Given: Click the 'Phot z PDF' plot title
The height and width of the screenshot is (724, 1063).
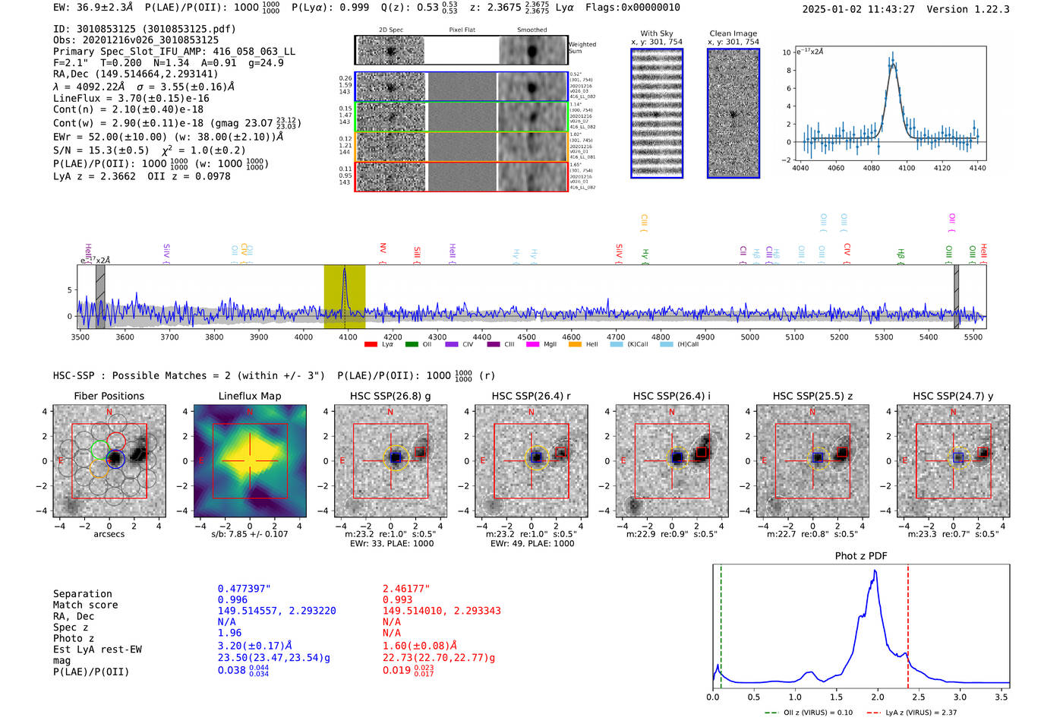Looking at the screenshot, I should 860,556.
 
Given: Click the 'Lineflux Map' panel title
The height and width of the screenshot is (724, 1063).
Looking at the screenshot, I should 249,396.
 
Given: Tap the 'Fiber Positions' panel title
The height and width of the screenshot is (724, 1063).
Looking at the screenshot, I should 109,396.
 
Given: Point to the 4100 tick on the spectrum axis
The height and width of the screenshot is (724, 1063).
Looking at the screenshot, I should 348,337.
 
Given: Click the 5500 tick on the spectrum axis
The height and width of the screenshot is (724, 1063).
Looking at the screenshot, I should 973,337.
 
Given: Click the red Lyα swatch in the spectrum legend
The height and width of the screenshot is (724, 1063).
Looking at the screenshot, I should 371,345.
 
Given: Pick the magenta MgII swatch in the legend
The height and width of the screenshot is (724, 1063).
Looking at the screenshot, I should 532,345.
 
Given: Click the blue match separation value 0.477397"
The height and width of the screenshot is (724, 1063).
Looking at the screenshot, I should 244,589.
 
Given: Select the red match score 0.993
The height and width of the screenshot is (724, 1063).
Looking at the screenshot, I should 397,600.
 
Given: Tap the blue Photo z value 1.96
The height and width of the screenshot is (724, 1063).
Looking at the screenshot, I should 229,633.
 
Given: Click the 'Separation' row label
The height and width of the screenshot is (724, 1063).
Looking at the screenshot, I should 82,594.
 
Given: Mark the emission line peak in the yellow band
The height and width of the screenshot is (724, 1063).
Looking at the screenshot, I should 345,269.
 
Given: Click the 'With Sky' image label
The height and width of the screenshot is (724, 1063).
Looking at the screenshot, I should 656,33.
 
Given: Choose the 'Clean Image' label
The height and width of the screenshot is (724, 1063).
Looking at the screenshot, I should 733,33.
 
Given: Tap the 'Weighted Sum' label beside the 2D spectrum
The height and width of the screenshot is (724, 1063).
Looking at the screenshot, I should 582,48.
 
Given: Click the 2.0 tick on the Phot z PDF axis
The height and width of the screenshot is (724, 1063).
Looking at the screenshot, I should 878,697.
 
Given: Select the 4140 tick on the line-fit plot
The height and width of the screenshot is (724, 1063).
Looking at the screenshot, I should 977,168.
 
